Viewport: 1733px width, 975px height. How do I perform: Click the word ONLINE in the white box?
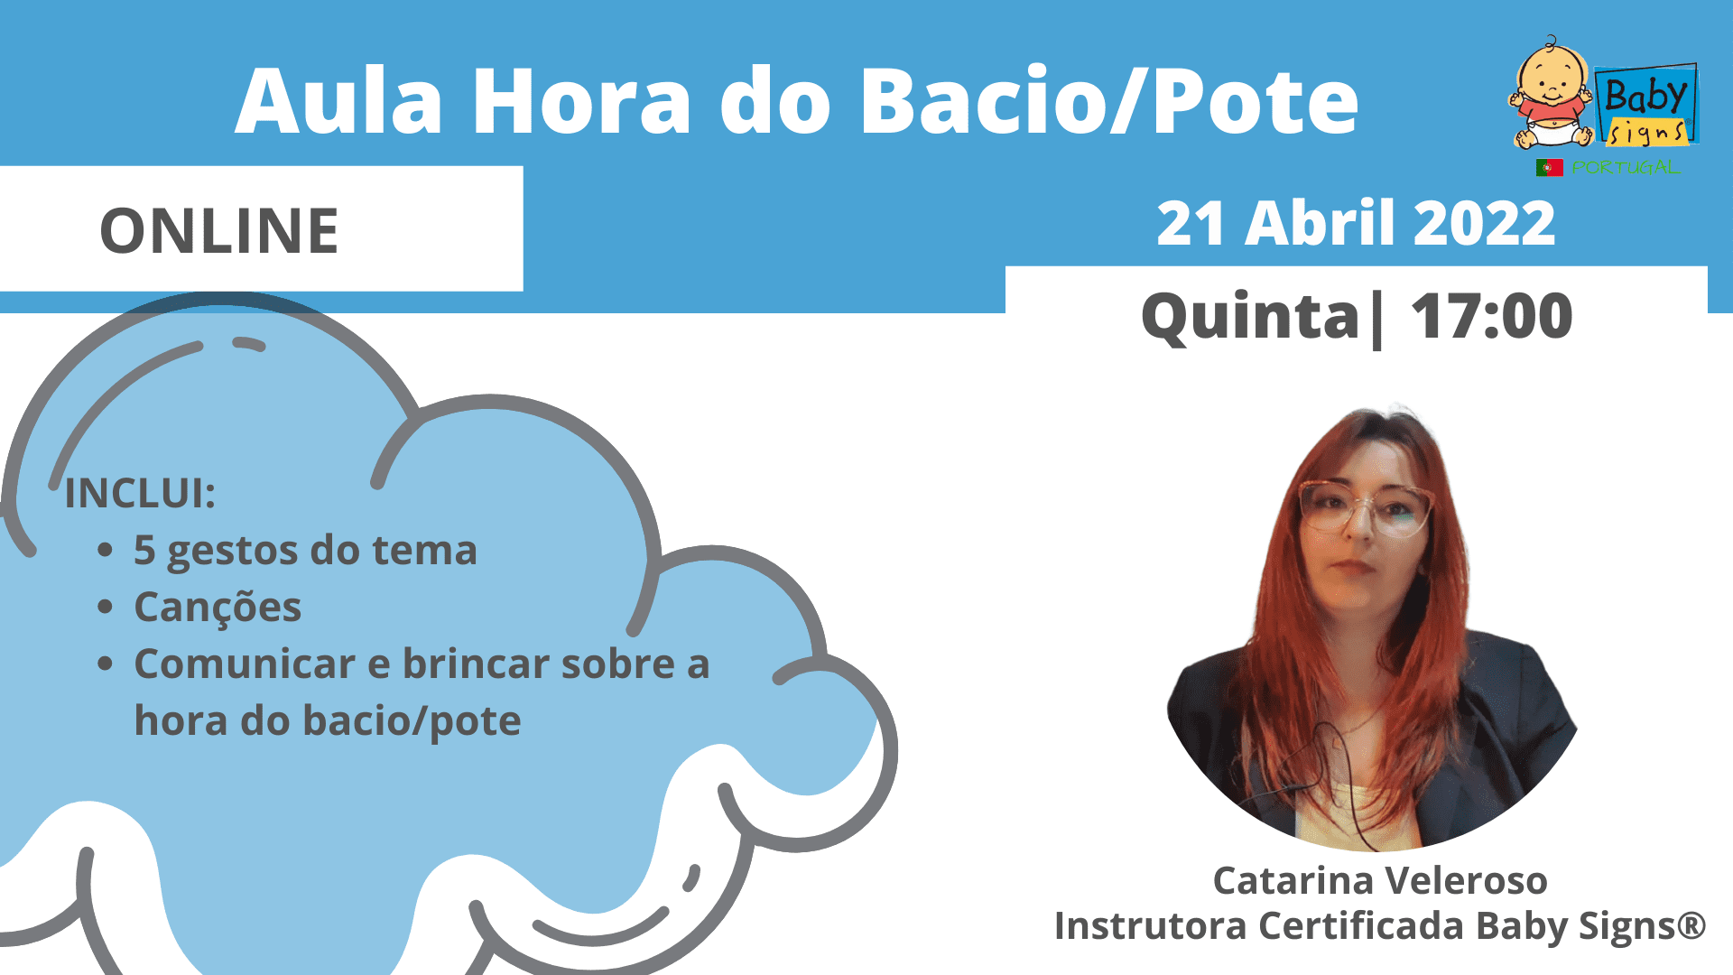219,230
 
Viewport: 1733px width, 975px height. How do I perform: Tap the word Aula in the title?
339,101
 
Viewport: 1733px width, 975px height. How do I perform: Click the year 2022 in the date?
1485,223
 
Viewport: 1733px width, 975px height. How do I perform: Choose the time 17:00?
1491,316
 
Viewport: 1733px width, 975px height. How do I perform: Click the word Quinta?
1250,316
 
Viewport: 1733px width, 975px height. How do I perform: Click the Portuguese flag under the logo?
1549,167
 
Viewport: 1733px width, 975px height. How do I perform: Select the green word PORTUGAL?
1626,167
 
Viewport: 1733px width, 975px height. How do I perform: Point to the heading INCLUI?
140,494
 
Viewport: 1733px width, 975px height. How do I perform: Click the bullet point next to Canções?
106,607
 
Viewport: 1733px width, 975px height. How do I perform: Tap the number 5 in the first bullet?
144,550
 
